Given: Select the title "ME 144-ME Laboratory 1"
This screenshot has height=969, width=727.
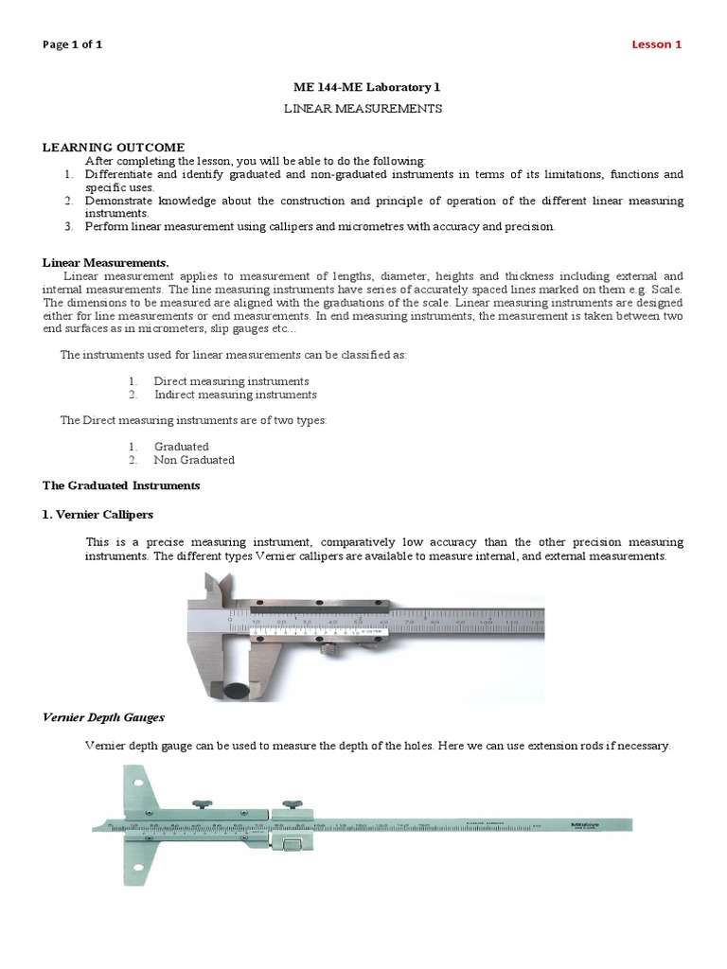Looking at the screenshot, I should (364, 87).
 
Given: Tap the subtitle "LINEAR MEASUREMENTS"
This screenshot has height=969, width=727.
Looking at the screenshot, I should (364, 109).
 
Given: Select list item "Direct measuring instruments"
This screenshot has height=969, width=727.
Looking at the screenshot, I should (224, 380).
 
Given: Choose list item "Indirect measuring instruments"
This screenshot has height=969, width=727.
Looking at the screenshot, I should (235, 395).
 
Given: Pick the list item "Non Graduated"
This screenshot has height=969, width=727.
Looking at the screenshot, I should (194, 460).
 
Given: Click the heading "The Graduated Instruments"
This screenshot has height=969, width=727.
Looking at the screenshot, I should (121, 485).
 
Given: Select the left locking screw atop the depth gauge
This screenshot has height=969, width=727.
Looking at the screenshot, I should (203, 804).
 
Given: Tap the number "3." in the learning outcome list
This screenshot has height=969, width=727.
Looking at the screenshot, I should (68, 227).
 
